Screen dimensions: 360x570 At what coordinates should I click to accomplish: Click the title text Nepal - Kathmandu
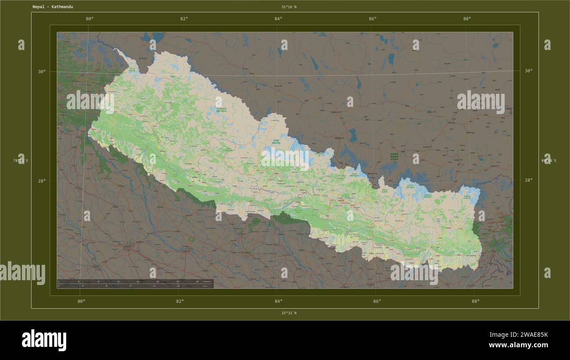tap(53, 7)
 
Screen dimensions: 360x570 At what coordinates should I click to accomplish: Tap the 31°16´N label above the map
tap(289, 7)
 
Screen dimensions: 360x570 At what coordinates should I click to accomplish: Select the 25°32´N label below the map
tap(289, 313)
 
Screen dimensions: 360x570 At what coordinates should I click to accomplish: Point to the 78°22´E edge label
tap(21, 160)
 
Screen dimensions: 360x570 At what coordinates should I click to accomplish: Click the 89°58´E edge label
tap(549, 160)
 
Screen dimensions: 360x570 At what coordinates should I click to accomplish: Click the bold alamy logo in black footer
tap(44, 340)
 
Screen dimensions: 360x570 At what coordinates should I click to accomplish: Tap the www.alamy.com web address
tap(518, 346)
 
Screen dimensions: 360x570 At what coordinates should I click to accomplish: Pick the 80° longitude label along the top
tap(89, 19)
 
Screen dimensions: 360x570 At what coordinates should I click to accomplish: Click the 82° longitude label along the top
tap(184, 19)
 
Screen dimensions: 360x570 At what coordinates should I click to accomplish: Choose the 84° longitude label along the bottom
tap(278, 301)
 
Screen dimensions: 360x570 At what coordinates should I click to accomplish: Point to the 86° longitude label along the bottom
tap(377, 301)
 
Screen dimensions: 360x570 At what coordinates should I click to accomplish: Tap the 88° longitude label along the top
tap(467, 19)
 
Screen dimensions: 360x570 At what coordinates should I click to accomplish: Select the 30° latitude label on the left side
tap(42, 71)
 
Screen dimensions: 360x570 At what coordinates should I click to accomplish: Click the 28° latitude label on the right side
tap(528, 180)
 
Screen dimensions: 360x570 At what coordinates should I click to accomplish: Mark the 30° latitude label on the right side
tap(528, 71)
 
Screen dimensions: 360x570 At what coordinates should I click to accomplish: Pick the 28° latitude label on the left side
tap(42, 181)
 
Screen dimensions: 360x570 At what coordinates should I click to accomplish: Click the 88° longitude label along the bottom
tap(476, 301)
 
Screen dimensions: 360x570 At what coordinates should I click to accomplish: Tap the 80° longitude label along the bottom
tap(81, 301)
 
